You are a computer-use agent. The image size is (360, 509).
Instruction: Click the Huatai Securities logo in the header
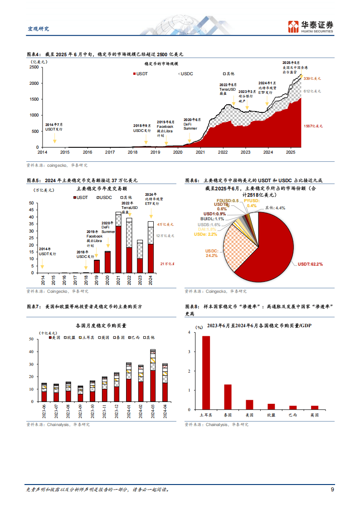coord(311,26)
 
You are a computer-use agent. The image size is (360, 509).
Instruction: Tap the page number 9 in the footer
coord(332,490)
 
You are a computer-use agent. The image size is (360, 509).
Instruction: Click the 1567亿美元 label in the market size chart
coord(312,126)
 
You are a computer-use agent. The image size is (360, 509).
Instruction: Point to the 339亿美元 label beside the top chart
coord(312,78)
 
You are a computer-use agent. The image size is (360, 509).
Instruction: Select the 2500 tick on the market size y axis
coord(34,67)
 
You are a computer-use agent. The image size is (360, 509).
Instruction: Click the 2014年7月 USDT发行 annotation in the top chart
coord(54,126)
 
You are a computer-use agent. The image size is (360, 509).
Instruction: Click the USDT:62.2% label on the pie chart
coord(310,264)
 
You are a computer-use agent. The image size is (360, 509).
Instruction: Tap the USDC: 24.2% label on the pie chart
coord(212,253)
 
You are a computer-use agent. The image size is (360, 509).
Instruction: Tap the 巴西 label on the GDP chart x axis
coord(293,414)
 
